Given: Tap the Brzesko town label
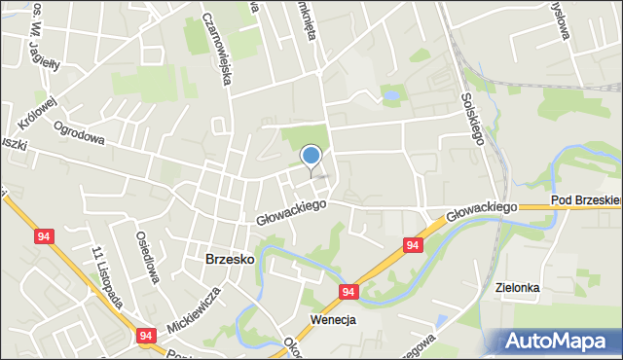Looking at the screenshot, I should click(x=230, y=260).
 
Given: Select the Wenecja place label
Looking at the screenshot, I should click(x=333, y=319).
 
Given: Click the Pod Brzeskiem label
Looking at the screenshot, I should click(x=585, y=199).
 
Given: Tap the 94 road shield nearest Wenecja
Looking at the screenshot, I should click(x=348, y=291).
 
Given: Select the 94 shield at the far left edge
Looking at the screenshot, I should click(x=43, y=235).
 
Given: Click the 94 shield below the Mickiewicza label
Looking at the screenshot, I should click(x=146, y=336).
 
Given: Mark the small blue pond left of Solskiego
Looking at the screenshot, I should click(x=390, y=96).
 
